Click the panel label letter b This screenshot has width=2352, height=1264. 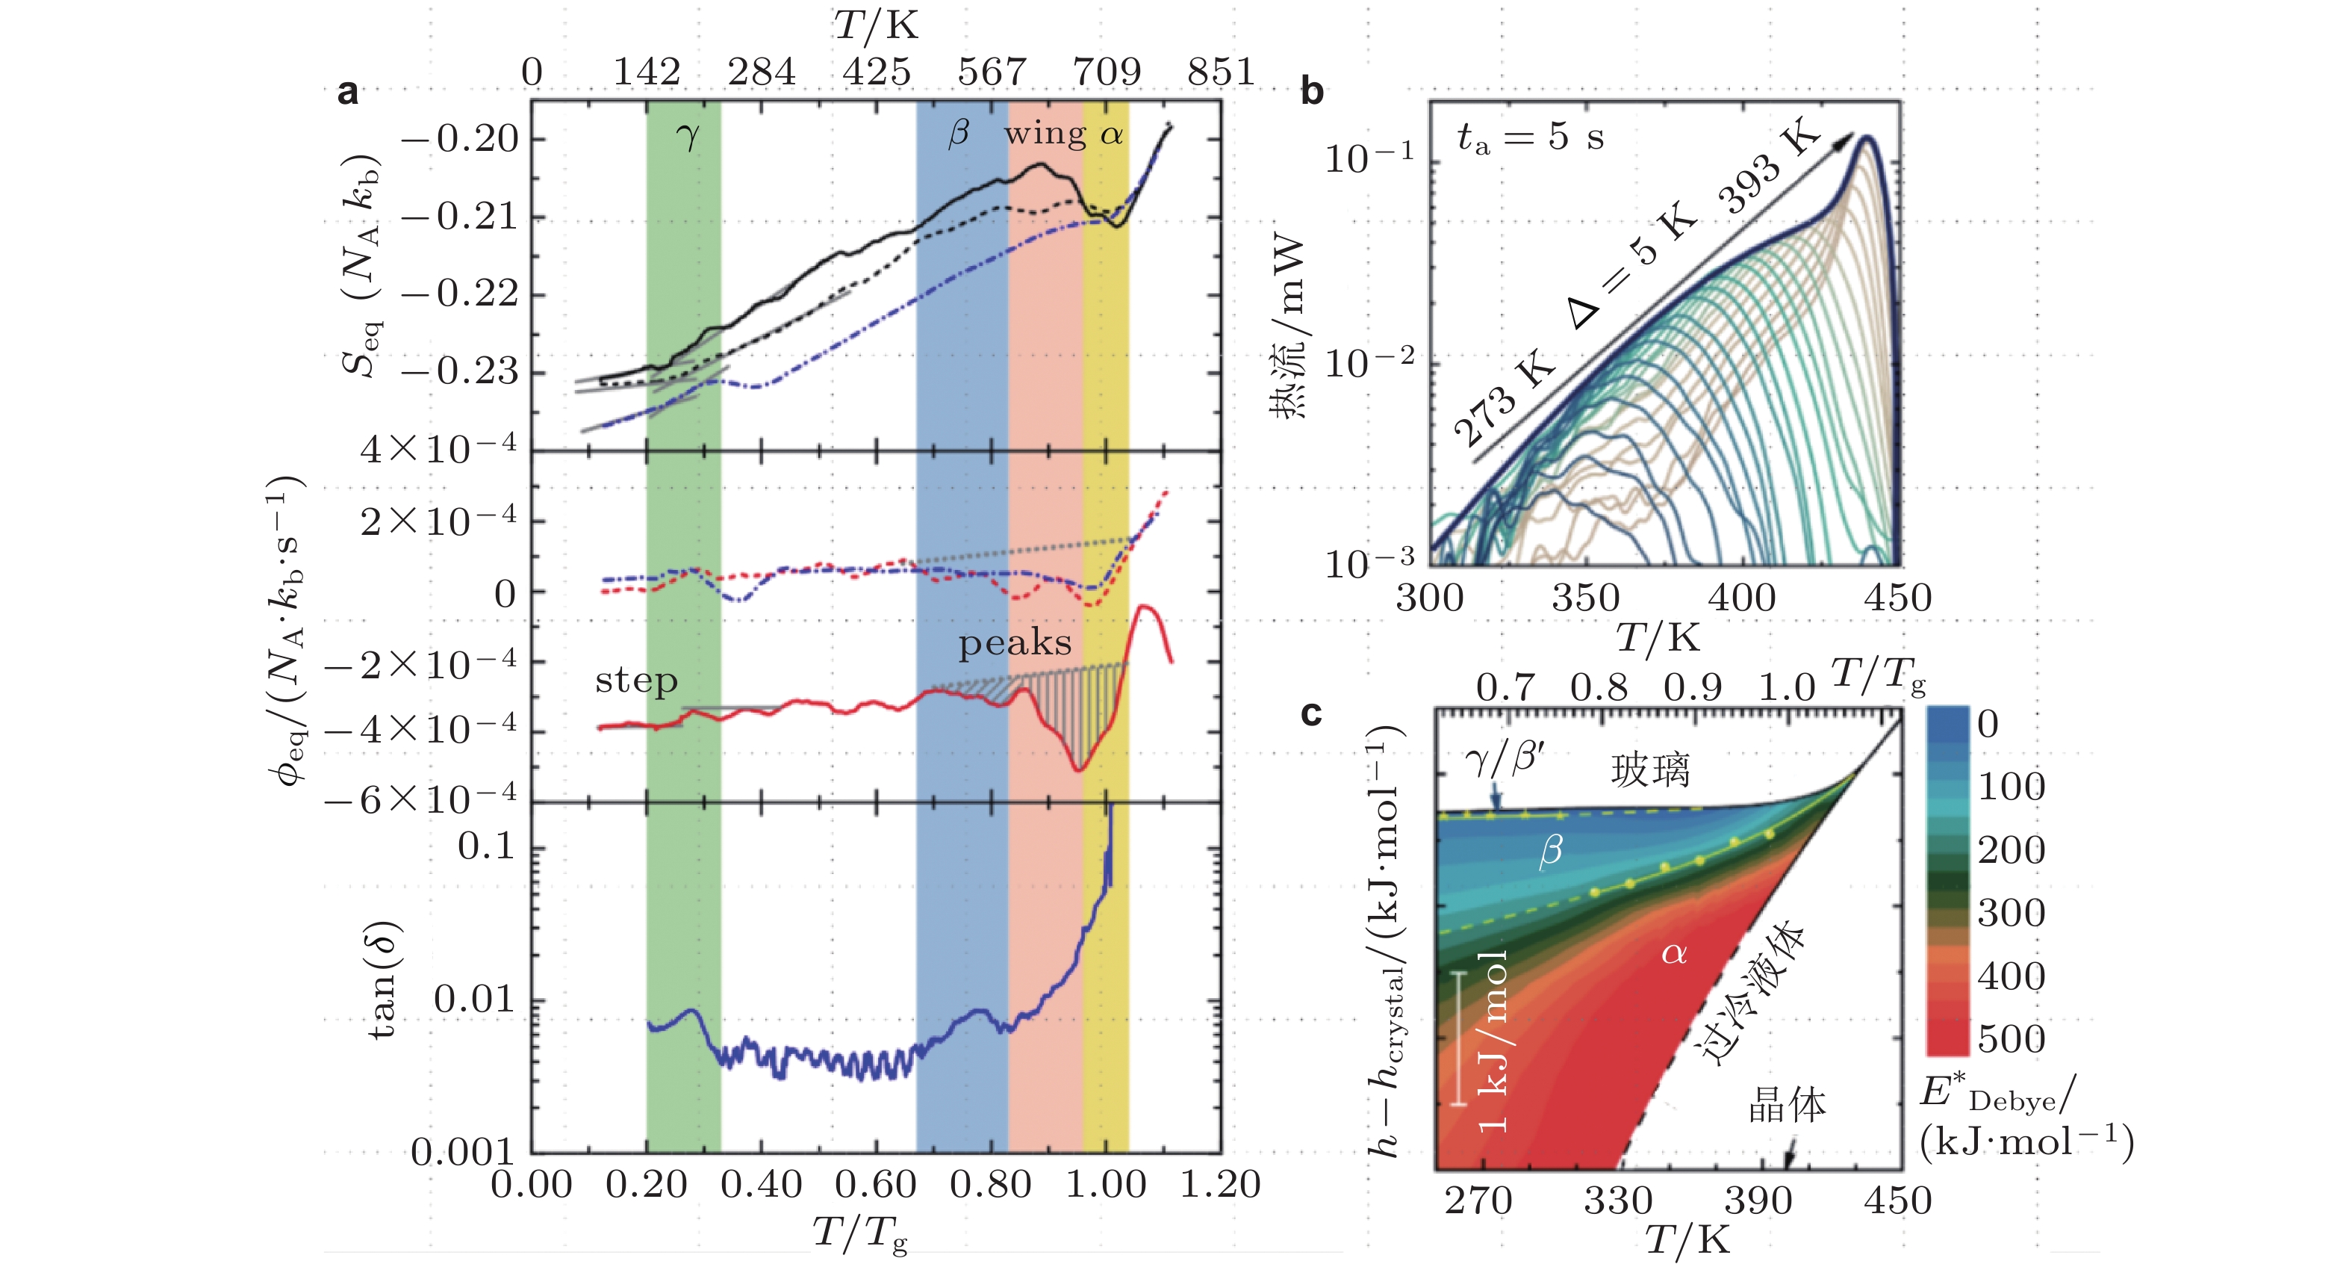click(1312, 91)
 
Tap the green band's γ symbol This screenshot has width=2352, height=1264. click(688, 137)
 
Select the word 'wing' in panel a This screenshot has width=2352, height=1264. click(1045, 134)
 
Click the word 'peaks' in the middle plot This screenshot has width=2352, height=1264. click(1015, 643)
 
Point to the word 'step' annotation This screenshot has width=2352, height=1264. click(636, 681)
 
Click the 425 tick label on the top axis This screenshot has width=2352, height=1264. click(877, 71)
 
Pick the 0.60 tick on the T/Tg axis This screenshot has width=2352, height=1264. click(874, 1185)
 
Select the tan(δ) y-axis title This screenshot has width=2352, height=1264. click(385, 979)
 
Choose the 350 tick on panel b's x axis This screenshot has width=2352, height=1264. click(1585, 598)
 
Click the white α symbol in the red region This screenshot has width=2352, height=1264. click(1673, 953)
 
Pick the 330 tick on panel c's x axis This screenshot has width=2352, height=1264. click(1618, 1200)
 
